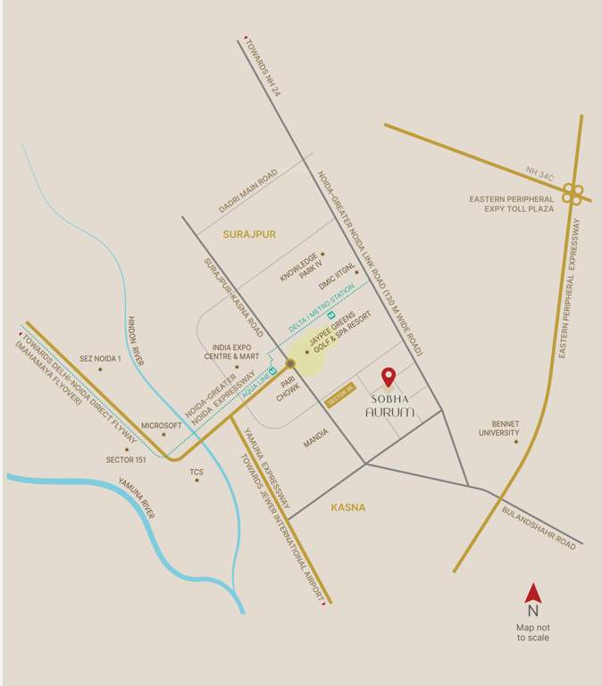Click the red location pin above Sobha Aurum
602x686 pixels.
coord(389,376)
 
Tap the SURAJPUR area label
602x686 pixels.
coord(249,234)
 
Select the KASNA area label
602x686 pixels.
coord(348,507)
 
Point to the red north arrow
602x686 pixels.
coord(532,592)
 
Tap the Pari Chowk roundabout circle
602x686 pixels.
coord(290,363)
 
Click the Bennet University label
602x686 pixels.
coord(499,429)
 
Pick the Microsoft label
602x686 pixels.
coord(162,425)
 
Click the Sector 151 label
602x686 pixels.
coord(126,460)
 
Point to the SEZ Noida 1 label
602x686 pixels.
coord(100,358)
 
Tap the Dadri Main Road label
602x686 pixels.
coord(248,190)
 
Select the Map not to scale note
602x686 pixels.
coord(532,633)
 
